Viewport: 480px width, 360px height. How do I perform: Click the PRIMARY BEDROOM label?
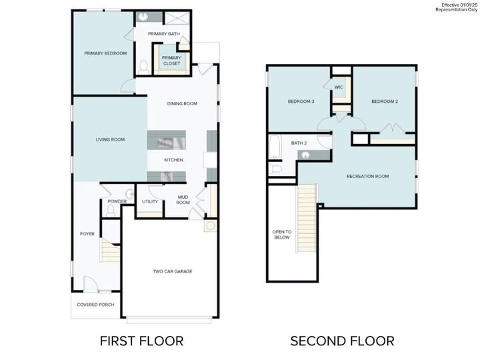(x=105, y=53)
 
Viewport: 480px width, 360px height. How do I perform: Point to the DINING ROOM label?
(x=182, y=103)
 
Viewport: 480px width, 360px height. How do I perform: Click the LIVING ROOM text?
(x=110, y=139)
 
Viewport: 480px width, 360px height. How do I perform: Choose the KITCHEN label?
(x=174, y=160)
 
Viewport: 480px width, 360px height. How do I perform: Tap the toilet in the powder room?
(x=111, y=211)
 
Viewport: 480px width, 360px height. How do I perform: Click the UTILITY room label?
(x=150, y=201)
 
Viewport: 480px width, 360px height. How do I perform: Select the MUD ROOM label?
(x=183, y=200)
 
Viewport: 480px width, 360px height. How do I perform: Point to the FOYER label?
(x=87, y=234)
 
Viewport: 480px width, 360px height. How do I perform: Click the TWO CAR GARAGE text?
(x=173, y=271)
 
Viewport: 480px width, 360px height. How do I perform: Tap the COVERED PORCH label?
(x=95, y=305)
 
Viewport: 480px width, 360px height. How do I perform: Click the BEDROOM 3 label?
(x=301, y=101)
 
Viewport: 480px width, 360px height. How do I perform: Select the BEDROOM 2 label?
(x=385, y=101)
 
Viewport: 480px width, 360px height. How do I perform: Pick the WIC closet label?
(x=339, y=87)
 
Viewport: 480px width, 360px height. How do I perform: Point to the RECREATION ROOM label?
(x=367, y=176)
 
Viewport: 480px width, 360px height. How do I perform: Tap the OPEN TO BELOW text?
(x=281, y=234)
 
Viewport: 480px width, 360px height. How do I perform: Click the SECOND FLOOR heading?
(x=342, y=341)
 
